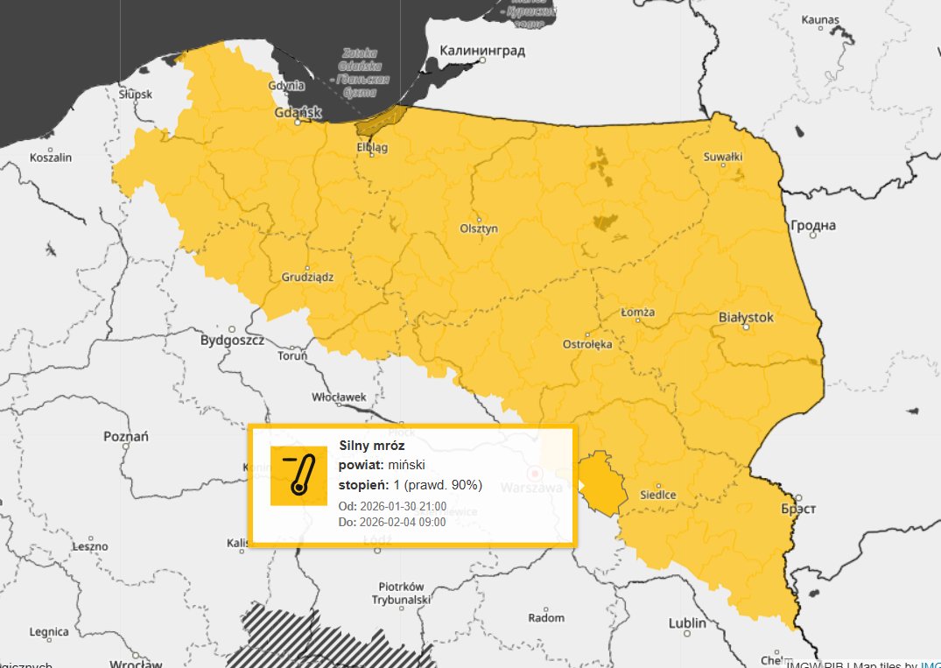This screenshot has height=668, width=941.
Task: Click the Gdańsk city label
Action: click(x=298, y=113)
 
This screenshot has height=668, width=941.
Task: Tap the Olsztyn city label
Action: click(x=479, y=229)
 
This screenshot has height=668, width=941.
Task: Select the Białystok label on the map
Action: click(x=746, y=317)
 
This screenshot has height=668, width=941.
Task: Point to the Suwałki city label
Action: click(x=723, y=158)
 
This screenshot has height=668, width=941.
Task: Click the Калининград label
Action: click(x=482, y=51)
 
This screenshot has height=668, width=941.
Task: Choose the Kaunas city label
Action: click(x=819, y=20)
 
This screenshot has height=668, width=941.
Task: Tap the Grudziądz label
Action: click(x=307, y=277)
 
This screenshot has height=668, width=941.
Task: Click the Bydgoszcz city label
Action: click(x=232, y=340)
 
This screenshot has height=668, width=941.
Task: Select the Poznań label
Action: click(x=126, y=436)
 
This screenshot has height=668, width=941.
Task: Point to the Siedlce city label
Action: click(x=658, y=495)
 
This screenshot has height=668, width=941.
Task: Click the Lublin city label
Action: click(x=687, y=623)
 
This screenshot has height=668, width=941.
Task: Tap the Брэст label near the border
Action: click(x=798, y=509)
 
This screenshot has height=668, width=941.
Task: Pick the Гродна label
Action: click(x=813, y=226)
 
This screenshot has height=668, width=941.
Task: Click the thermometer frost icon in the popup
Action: click(x=298, y=475)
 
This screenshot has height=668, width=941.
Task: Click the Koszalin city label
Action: click(x=51, y=158)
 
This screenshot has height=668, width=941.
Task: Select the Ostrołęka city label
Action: click(x=587, y=344)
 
